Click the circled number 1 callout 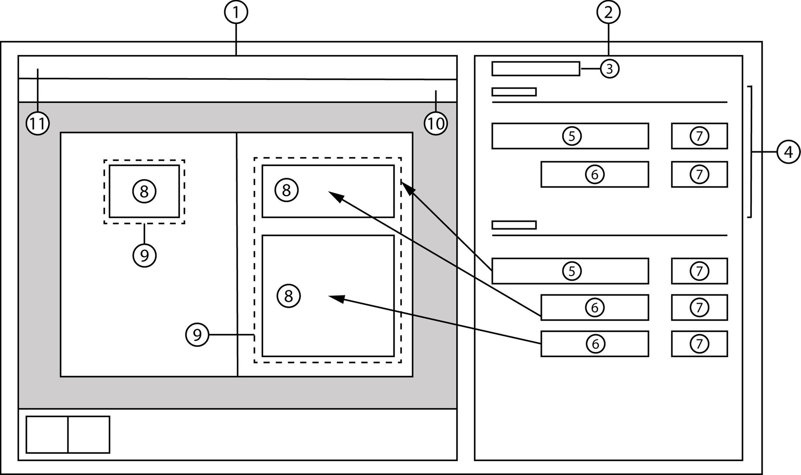pyautogui.click(x=236, y=12)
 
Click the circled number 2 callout pyautogui.click(x=608, y=12)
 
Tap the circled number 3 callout pyautogui.click(x=609, y=69)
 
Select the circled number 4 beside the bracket pyautogui.click(x=788, y=152)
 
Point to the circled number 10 pyautogui.click(x=436, y=124)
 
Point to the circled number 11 pyautogui.click(x=38, y=124)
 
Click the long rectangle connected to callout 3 pyautogui.click(x=535, y=68)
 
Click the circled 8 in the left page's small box pyautogui.click(x=144, y=191)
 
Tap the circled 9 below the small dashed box pyautogui.click(x=144, y=255)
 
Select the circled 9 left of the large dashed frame pyautogui.click(x=197, y=335)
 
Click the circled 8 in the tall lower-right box pyautogui.click(x=289, y=296)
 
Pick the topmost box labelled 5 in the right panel pyautogui.click(x=570, y=136)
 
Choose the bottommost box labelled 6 pyautogui.click(x=594, y=344)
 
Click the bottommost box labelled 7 pyautogui.click(x=699, y=344)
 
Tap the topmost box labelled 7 pyautogui.click(x=699, y=136)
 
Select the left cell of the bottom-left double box pyautogui.click(x=47, y=434)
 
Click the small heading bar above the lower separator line pyautogui.click(x=514, y=225)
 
